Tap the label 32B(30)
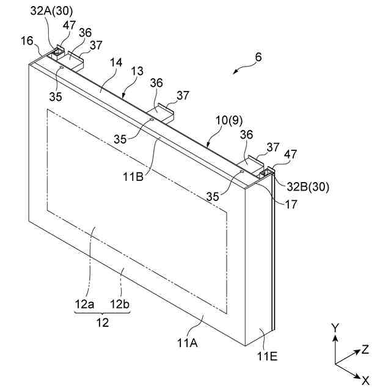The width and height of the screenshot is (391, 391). [x=305, y=188]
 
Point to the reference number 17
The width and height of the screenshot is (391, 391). [x=291, y=205]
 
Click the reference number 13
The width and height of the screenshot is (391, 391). [x=139, y=71]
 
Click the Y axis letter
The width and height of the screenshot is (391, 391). [x=334, y=328]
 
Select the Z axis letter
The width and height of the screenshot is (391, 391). [x=365, y=349]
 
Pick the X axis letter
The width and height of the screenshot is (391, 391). [x=365, y=380]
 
